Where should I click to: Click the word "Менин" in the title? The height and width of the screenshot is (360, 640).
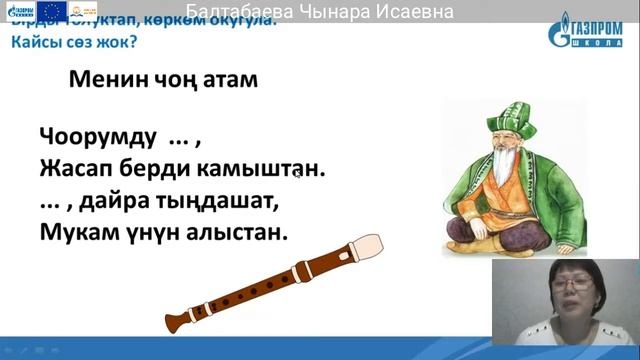pyautogui.click(x=104, y=81)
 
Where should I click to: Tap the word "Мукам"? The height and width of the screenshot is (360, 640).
pyautogui.click(x=76, y=232)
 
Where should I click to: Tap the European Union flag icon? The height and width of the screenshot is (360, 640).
pyautogui.click(x=50, y=10)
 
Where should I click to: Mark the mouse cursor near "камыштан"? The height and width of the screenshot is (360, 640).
pyautogui.click(x=297, y=173)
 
